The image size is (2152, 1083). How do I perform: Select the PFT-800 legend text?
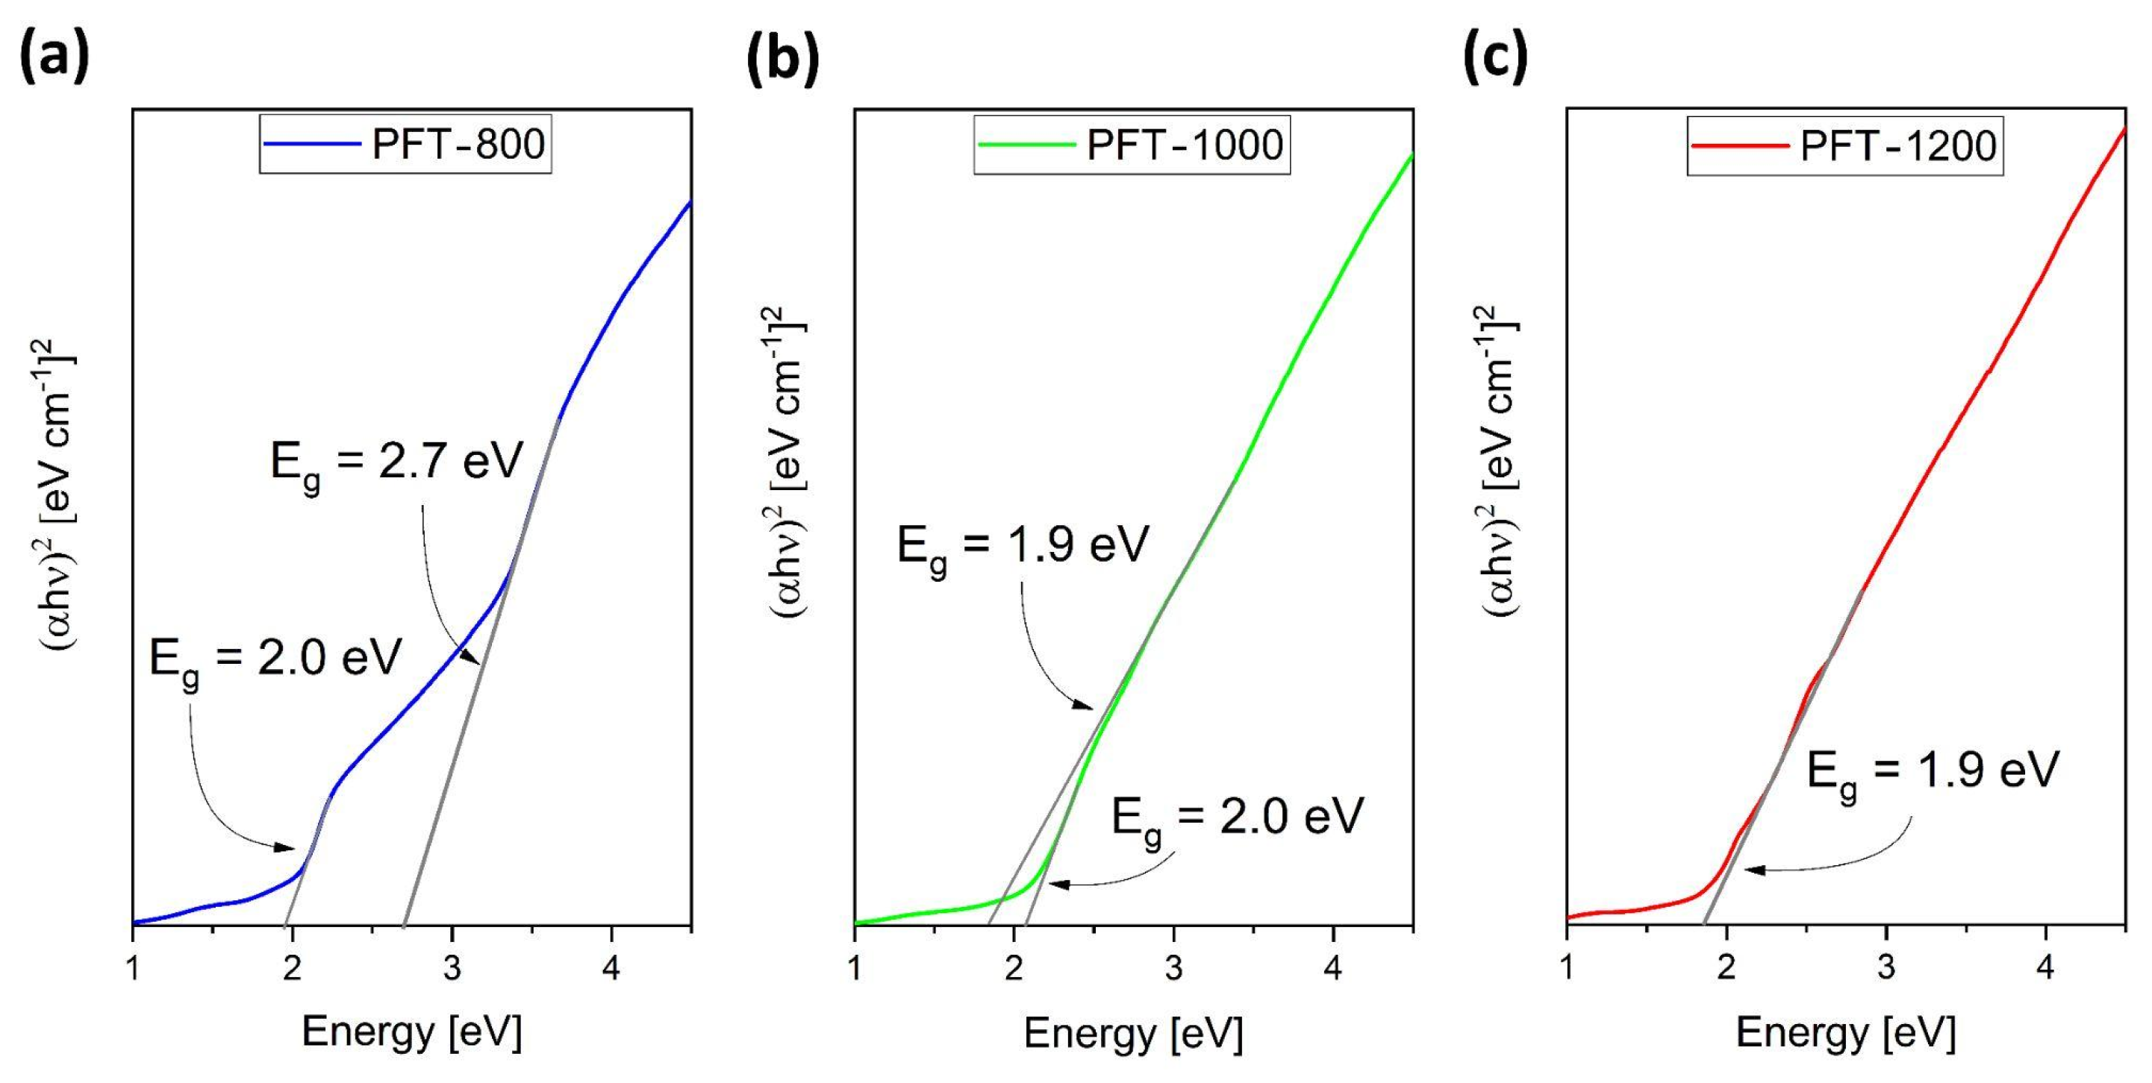(458, 145)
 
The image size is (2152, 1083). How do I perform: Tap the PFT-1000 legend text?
(1184, 145)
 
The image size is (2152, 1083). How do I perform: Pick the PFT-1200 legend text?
(1898, 146)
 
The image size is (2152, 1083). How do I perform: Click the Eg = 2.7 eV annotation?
(397, 462)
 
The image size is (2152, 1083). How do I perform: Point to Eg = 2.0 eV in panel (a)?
(275, 659)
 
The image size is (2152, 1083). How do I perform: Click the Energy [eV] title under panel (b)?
(1134, 1034)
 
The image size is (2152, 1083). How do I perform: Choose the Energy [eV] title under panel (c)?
(1846, 1034)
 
